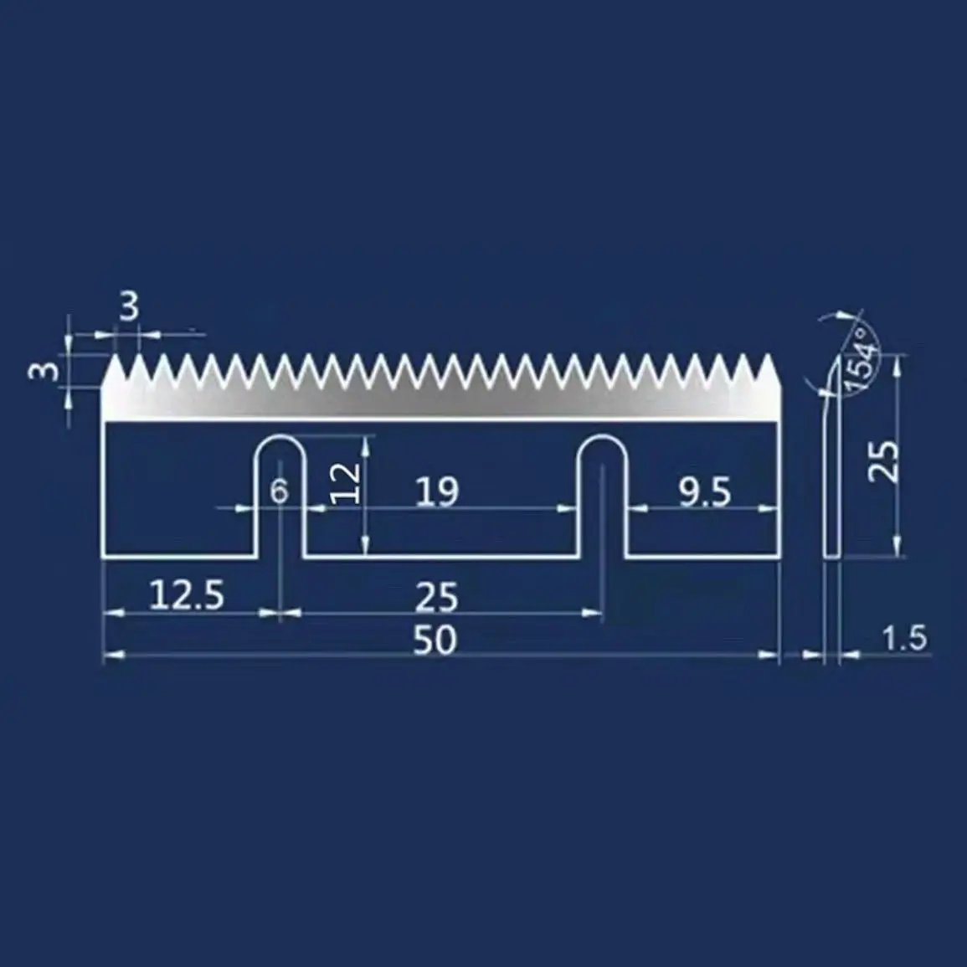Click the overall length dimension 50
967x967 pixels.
tap(435, 640)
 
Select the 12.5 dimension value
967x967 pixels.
tap(187, 595)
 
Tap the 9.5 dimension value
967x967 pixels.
tap(705, 493)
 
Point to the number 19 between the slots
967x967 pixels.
tap(438, 491)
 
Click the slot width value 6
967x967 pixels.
tap(280, 491)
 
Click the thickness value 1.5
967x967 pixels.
tap(905, 639)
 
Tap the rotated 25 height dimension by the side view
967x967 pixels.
tap(882, 460)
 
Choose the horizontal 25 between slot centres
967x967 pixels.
tap(437, 597)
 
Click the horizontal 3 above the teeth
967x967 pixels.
tap(128, 308)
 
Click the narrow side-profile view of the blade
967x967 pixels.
tap(831, 469)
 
